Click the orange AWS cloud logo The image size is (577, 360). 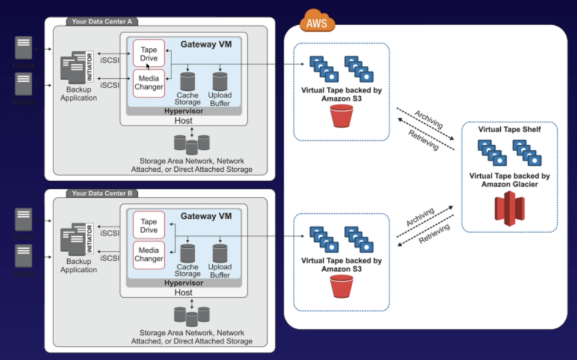coord(317,22)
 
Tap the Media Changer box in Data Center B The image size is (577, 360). coord(149,255)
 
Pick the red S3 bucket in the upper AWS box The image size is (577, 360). coord(341,115)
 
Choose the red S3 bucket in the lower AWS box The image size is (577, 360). coord(341,286)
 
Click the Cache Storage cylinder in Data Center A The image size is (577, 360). coord(187,82)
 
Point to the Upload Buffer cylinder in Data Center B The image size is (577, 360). coord(220,253)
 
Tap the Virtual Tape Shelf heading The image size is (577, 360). coord(509,129)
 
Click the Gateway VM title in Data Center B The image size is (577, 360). coord(206,216)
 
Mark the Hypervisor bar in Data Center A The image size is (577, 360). coord(183,111)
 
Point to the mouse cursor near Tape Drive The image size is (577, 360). coord(148,66)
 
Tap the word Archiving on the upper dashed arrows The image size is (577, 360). coord(428,119)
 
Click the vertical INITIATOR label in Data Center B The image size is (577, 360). coord(89,238)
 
